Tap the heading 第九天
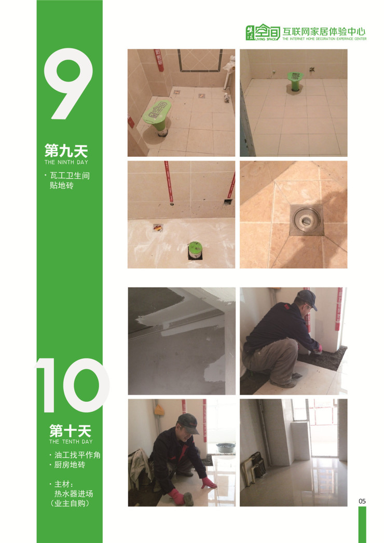(x=66, y=151)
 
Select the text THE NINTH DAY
(x=66, y=162)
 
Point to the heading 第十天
(x=70, y=431)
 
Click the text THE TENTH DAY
(x=71, y=442)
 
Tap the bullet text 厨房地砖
(x=69, y=465)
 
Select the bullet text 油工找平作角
(x=77, y=455)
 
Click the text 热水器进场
(x=74, y=494)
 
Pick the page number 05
(x=362, y=501)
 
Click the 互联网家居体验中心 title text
(x=324, y=32)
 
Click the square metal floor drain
(x=306, y=220)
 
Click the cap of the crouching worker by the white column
(x=308, y=298)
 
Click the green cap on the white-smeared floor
(x=195, y=250)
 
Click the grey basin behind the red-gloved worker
(x=225, y=447)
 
